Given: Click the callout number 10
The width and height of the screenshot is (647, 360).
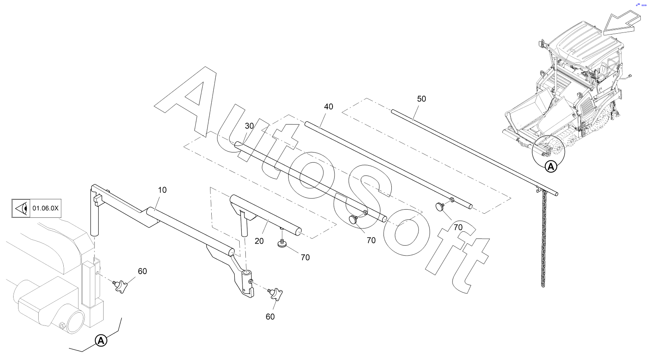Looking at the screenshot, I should (x=162, y=190).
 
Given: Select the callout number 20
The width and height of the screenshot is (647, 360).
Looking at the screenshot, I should (x=259, y=241).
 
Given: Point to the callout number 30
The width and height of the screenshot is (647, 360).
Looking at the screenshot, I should (x=250, y=126).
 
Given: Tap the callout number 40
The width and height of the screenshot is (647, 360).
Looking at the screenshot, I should (x=328, y=106).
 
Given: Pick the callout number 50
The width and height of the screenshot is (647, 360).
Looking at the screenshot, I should (x=421, y=99).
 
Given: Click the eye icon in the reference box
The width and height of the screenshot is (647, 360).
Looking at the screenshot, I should (x=21, y=208).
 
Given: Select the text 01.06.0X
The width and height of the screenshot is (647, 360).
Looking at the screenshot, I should (x=46, y=208).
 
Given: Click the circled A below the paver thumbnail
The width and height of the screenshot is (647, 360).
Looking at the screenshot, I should (x=551, y=166).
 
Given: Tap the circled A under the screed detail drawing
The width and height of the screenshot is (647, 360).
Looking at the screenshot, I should (x=101, y=341).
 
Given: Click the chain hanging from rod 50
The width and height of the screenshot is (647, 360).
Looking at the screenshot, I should (x=543, y=238).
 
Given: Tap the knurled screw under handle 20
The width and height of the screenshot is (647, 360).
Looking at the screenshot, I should (x=282, y=244).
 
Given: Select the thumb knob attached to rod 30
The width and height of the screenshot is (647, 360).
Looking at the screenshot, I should (x=354, y=219).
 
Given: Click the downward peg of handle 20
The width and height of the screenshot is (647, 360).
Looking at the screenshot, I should (x=244, y=226).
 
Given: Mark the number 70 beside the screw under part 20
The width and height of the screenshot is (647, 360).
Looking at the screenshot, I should (x=305, y=258).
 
